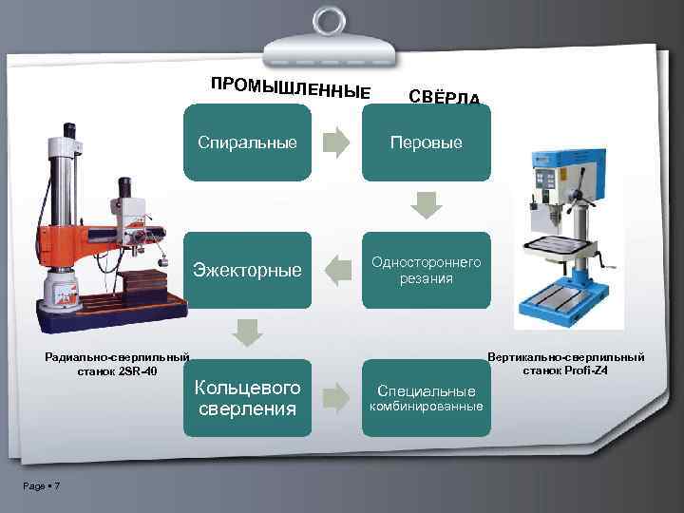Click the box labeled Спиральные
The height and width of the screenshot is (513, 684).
click(x=247, y=142)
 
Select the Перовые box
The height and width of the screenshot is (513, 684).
click(x=427, y=142)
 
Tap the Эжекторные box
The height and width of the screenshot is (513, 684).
click(x=247, y=270)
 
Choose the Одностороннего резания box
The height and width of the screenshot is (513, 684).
click(x=427, y=270)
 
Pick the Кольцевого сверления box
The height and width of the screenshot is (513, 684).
click(x=247, y=398)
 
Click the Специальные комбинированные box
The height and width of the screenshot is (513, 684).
click(x=427, y=398)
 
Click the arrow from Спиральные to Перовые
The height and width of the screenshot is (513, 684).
click(x=336, y=142)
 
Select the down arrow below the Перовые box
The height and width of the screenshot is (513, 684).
click(x=427, y=205)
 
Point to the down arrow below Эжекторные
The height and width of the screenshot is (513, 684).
click(x=247, y=333)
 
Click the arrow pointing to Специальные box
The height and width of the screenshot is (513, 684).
click(x=336, y=398)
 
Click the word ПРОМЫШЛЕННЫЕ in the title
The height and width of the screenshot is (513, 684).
click(x=291, y=86)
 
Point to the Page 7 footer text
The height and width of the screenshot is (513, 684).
click(x=42, y=486)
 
